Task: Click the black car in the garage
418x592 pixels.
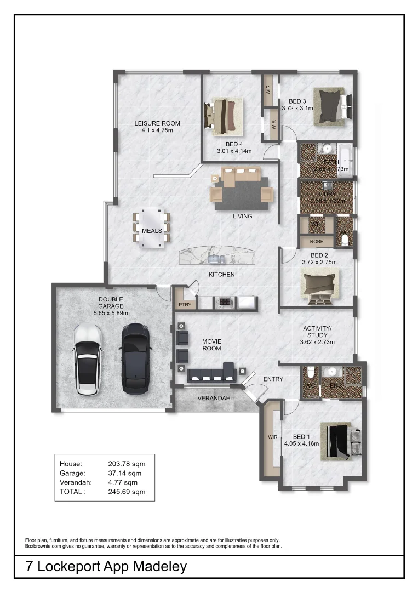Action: (x=135, y=358)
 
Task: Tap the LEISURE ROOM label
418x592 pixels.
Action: (x=157, y=123)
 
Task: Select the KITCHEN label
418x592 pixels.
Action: (x=221, y=274)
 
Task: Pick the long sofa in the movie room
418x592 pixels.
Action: (x=211, y=375)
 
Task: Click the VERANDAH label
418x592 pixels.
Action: (x=214, y=398)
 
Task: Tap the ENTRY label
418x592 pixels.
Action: (x=273, y=379)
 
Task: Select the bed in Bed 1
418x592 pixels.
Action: (x=340, y=440)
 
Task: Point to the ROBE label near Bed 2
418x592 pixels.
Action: (x=316, y=241)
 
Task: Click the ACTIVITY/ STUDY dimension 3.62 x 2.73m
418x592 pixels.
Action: (x=317, y=342)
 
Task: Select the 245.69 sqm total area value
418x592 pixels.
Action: (x=127, y=492)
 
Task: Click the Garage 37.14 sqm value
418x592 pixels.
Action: (x=127, y=473)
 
